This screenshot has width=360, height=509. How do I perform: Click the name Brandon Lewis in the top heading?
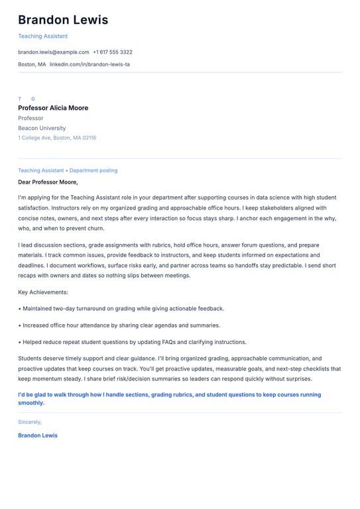point(63,20)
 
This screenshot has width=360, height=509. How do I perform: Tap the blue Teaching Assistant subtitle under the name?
point(42,36)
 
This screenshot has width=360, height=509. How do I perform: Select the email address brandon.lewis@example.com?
point(53,52)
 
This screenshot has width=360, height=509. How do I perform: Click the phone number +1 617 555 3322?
point(113,52)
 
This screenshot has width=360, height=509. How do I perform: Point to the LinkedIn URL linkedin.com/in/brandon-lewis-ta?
point(90,64)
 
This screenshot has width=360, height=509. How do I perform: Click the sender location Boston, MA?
point(32,64)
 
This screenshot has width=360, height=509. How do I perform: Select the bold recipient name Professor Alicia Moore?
point(53,108)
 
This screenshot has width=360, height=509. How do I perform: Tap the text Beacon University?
point(42,128)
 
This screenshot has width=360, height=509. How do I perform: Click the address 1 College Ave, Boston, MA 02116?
point(57,138)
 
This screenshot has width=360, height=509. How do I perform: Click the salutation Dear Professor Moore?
point(48,182)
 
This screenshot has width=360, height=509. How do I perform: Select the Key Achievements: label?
point(43,292)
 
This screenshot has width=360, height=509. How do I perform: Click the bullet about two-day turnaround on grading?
point(123,308)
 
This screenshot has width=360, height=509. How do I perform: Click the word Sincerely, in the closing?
point(30,422)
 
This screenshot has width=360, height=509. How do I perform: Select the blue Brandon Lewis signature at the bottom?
point(38,435)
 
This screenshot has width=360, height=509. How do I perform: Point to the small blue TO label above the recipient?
point(27,99)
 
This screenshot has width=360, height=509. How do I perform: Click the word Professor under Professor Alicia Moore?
point(30,118)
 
